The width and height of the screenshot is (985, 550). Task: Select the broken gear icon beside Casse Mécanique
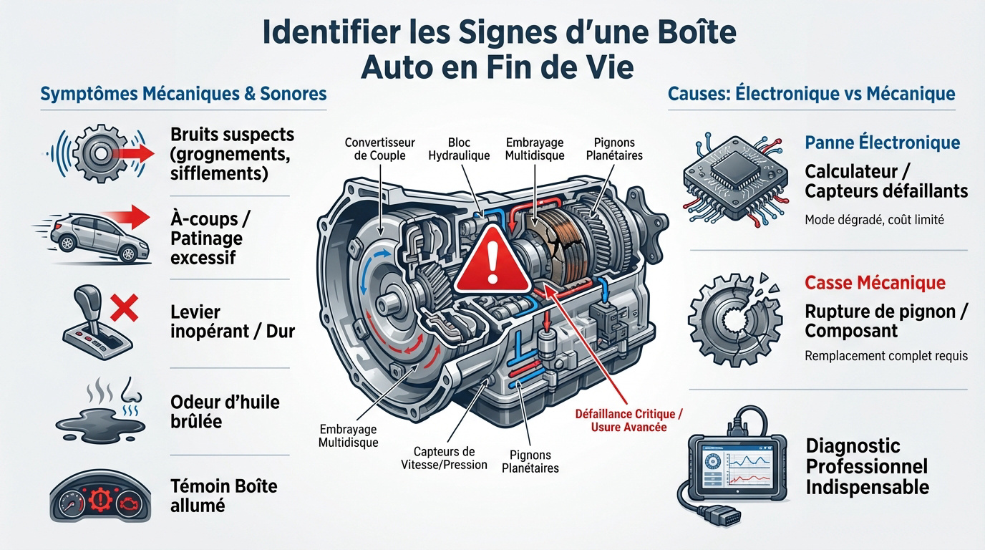click(731, 316)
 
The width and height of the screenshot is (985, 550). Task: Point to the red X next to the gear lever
click(125, 310)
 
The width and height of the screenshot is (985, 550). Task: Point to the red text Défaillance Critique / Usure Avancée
click(629, 420)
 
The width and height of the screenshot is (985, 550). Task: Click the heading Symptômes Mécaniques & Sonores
click(183, 94)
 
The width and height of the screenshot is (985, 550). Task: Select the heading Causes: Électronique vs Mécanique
click(811, 94)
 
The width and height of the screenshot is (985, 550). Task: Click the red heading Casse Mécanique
click(875, 283)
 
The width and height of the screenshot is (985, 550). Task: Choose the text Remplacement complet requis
click(886, 355)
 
